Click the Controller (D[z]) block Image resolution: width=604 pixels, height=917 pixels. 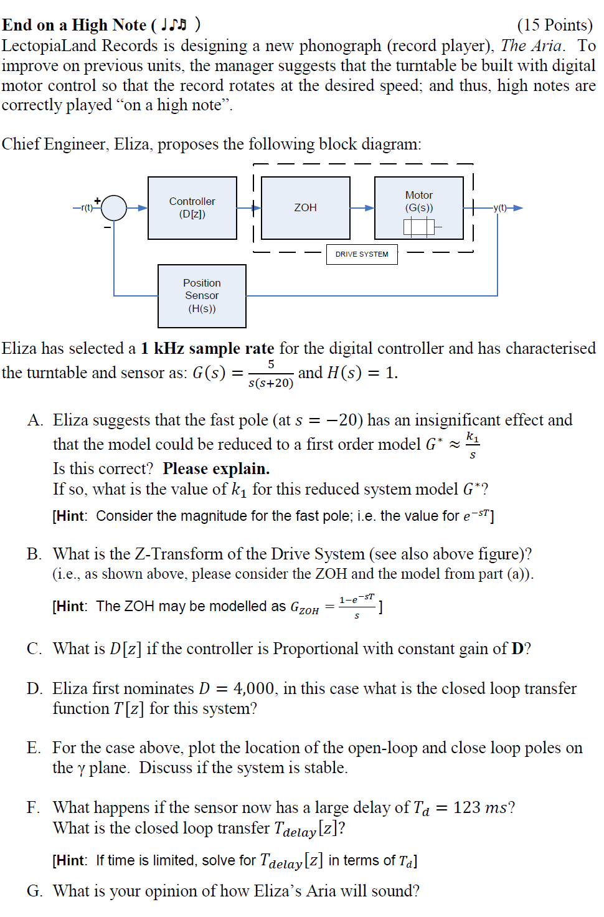pyautogui.click(x=192, y=208)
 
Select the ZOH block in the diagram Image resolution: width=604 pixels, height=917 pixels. pyautogui.click(x=305, y=208)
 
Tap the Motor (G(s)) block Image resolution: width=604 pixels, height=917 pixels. pyautogui.click(x=418, y=208)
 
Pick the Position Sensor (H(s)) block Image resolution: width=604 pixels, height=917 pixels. pyautogui.click(x=202, y=296)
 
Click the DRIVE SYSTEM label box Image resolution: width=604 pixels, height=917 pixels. pyautogui.click(x=362, y=254)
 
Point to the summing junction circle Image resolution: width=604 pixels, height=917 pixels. pyautogui.click(x=114, y=208)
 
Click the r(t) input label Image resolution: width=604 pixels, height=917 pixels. pyautogui.click(x=87, y=207)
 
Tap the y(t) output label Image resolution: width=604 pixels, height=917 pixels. pyautogui.click(x=500, y=207)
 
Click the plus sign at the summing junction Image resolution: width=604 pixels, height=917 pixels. pyautogui.click(x=97, y=201)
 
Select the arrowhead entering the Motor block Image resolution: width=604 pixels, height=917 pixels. pyautogui.click(x=369, y=208)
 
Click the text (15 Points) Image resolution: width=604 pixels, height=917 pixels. pyautogui.click(x=554, y=25)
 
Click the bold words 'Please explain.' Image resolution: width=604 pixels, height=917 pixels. pyautogui.click(x=216, y=468)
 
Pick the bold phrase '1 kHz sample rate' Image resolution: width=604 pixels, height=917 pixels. pyautogui.click(x=207, y=348)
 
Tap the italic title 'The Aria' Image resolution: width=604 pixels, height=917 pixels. pyautogui.click(x=531, y=45)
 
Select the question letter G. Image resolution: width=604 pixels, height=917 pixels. pyautogui.click(x=34, y=891)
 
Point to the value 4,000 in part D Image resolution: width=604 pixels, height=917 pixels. pyautogui.click(x=253, y=688)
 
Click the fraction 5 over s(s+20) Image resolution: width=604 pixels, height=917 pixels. pyautogui.click(x=271, y=373)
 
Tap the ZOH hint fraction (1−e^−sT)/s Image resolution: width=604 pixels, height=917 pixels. pyautogui.click(x=357, y=606)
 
